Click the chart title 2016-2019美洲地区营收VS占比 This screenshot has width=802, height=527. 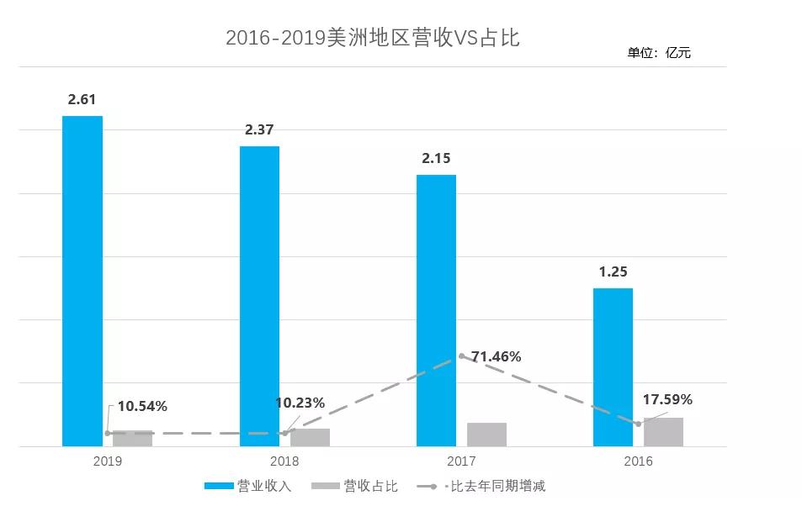372,38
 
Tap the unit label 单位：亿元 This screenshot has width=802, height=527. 658,53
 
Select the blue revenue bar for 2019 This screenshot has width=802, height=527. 82,281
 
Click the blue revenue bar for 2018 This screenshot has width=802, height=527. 259,296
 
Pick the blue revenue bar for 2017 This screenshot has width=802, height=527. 436,310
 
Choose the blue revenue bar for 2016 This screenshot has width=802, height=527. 613,366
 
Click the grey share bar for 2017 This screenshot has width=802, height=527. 486,435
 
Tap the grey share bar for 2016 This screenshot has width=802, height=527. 663,432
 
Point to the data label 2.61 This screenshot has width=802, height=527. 82,99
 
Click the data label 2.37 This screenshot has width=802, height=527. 259,129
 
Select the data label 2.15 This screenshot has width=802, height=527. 436,158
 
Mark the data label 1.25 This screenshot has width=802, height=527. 613,271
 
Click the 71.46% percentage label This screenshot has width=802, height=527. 496,356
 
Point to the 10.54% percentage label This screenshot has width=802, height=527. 142,406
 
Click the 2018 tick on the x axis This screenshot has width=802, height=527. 284,461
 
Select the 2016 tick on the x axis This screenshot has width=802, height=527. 638,461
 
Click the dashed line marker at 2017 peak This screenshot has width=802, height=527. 462,356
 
